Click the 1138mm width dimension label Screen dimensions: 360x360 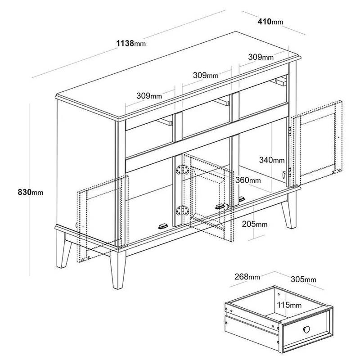131,43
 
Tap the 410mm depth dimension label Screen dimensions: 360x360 270,22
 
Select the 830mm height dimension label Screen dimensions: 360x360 31,192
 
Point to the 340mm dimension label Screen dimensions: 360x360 272,160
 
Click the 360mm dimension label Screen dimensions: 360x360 248,180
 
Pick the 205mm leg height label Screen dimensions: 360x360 255,224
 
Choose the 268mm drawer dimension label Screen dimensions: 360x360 247,277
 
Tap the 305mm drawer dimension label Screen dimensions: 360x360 303,279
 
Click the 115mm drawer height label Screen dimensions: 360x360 289,305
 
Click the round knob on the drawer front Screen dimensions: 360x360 306,329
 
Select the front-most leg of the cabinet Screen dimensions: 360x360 118,269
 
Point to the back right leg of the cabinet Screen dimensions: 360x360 290,211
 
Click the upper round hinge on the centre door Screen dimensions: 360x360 182,170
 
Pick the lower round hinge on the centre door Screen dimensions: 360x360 182,210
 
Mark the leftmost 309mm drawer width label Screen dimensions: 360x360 149,95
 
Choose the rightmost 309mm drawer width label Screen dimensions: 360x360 261,57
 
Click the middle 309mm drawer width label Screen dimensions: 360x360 206,75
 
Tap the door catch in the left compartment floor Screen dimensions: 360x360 163,226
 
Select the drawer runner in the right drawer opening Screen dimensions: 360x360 279,82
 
